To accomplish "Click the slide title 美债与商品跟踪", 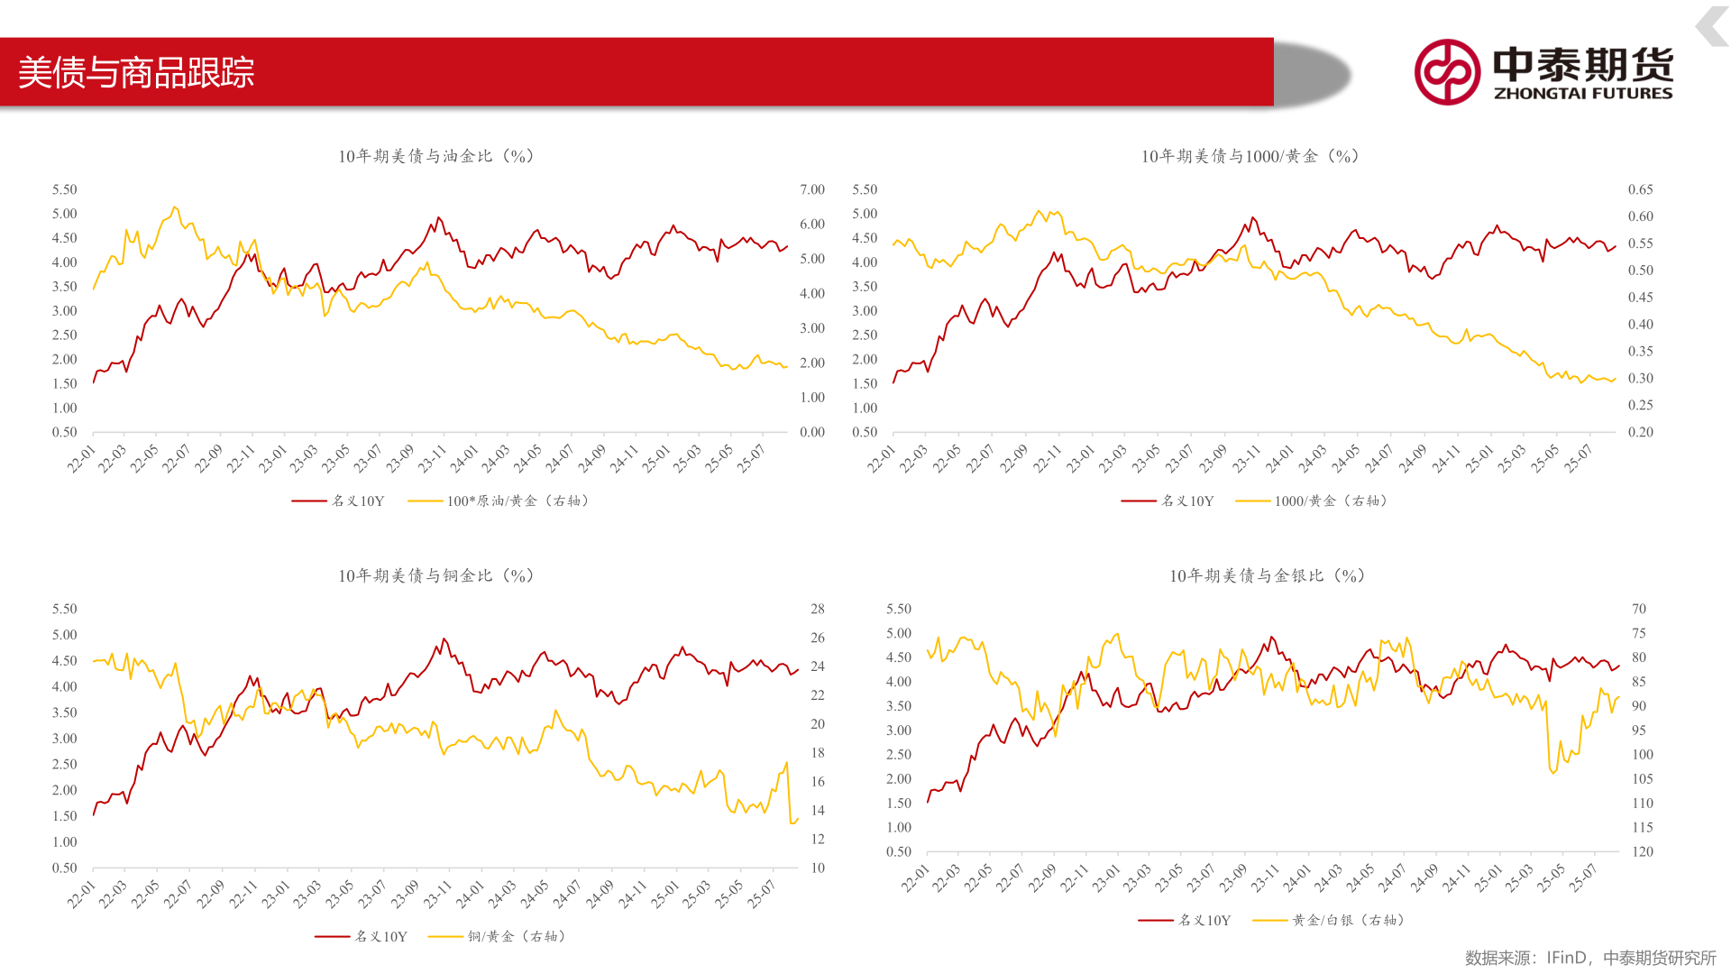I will (136, 73).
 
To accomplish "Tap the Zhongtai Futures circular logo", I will (1447, 72).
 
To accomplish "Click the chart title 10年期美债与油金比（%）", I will (436, 156).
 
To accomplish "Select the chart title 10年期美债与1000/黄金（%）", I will (1250, 156).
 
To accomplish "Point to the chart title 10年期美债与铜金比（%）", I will (436, 575).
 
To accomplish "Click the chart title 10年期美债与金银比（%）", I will (1267, 575).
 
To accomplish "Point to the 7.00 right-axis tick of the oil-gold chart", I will (812, 189).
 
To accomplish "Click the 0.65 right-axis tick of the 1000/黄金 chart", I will (1640, 189).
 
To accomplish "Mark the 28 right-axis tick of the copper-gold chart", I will (818, 609).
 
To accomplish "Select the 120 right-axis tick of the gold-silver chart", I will (1643, 851).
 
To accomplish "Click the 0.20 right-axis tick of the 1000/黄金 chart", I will (1640, 432).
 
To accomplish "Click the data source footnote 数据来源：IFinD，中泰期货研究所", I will (1590, 958).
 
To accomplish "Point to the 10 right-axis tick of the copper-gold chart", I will (818, 868).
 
